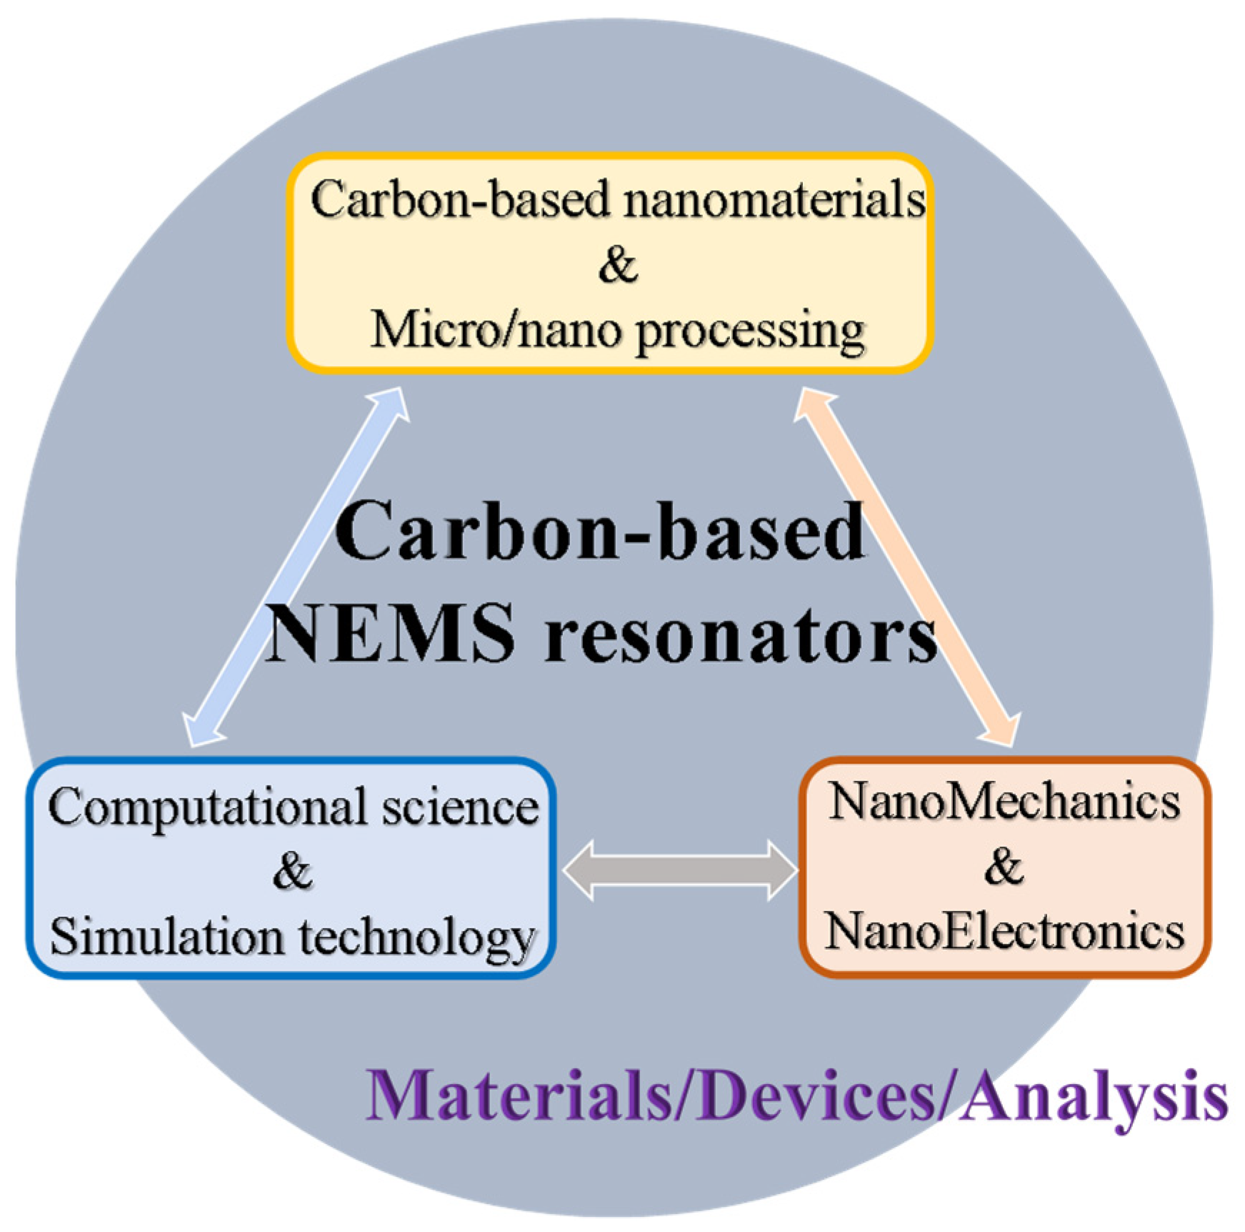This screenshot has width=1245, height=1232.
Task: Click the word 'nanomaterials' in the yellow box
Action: [x=774, y=200]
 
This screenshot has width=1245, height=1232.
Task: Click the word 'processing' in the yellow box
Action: [x=751, y=333]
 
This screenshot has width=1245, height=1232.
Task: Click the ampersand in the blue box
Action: [x=292, y=871]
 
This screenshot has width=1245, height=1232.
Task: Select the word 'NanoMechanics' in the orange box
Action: [x=1004, y=802]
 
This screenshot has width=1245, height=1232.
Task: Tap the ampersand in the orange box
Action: [x=1004, y=867]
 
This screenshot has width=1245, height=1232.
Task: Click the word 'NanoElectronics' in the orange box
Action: [x=1004, y=932]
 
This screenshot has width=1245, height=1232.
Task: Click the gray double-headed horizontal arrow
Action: [x=679, y=870]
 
